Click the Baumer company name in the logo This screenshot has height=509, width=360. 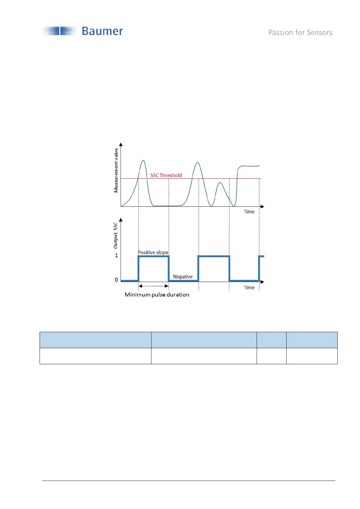[x=102, y=31]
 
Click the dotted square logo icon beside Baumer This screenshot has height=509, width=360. [x=60, y=31]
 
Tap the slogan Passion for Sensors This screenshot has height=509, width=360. [x=300, y=33]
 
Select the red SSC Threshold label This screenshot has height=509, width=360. [x=166, y=175]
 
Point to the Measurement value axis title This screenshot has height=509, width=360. [x=116, y=170]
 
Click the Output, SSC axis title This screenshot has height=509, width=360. [x=115, y=235]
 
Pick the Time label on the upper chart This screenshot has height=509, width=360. [x=249, y=212]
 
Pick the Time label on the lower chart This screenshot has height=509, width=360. [x=249, y=287]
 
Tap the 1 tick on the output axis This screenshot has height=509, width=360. [x=116, y=255]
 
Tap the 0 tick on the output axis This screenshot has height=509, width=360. [x=116, y=280]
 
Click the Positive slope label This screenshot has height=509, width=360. [x=153, y=252]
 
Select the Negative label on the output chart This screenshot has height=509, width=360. [x=183, y=277]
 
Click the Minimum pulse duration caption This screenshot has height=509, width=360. [x=157, y=295]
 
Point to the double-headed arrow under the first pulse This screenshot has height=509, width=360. [x=154, y=286]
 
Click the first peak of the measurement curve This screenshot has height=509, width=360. [x=143, y=160]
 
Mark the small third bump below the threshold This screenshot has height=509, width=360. [x=220, y=183]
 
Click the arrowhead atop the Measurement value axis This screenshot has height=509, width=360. [x=121, y=144]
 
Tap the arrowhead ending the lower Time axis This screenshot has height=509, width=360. [x=262, y=282]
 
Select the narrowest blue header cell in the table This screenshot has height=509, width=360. [x=271, y=340]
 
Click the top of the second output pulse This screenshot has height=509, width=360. [x=214, y=256]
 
